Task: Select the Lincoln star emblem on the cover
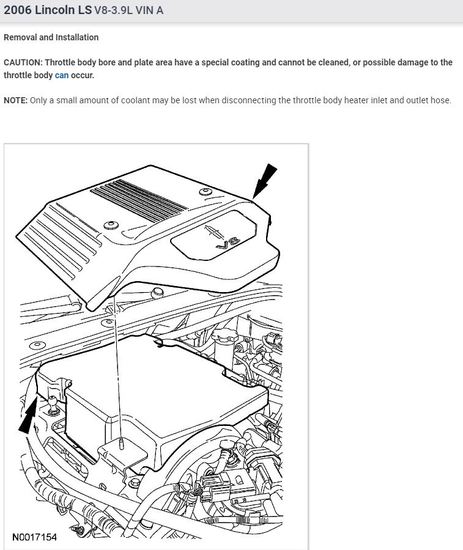(x=211, y=229)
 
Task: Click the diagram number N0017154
(x=34, y=537)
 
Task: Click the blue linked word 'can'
(x=62, y=75)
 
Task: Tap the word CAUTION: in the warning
(x=23, y=62)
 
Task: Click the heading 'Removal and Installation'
(x=51, y=37)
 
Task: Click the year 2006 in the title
(x=16, y=10)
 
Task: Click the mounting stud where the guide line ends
(x=122, y=441)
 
